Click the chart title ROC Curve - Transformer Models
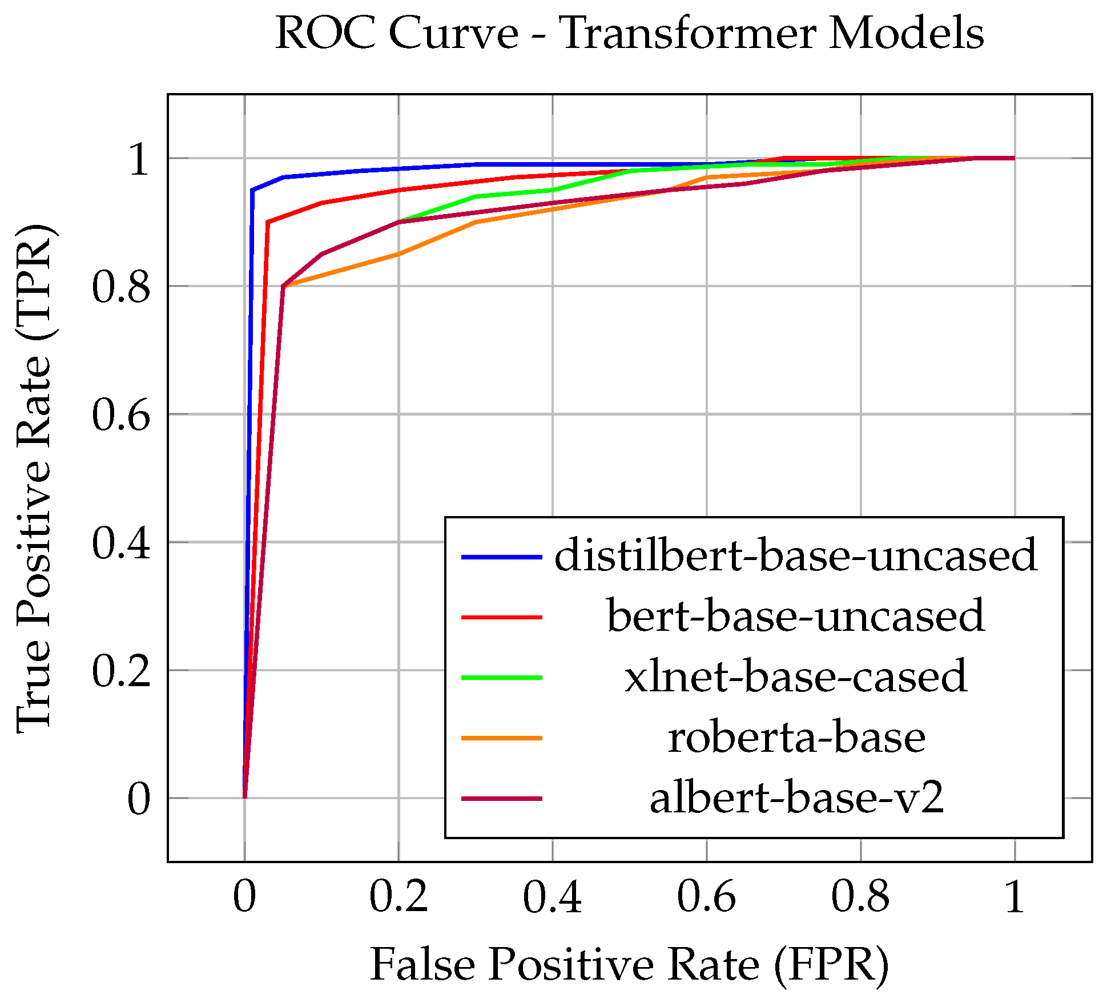pyautogui.click(x=629, y=33)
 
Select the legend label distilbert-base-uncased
pyautogui.click(x=795, y=555)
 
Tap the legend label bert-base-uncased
pyautogui.click(x=795, y=617)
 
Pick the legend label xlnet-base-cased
pyautogui.click(x=795, y=677)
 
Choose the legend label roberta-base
pyautogui.click(x=795, y=738)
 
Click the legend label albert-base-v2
pyautogui.click(x=795, y=798)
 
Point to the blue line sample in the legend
pyautogui.click(x=501, y=556)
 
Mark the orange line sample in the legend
pyautogui.click(x=501, y=738)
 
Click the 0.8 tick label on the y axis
pyautogui.click(x=121, y=287)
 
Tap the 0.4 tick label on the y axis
pyautogui.click(x=121, y=543)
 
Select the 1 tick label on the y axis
pyautogui.click(x=139, y=159)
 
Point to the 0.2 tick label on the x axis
pyautogui.click(x=398, y=897)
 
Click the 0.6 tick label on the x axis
pyautogui.click(x=706, y=897)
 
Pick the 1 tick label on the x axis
pyautogui.click(x=1015, y=897)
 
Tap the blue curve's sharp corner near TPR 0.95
pyautogui.click(x=252, y=190)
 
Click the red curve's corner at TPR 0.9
pyautogui.click(x=268, y=222)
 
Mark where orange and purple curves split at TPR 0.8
pyautogui.click(x=283, y=286)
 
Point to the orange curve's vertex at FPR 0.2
pyautogui.click(x=398, y=254)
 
